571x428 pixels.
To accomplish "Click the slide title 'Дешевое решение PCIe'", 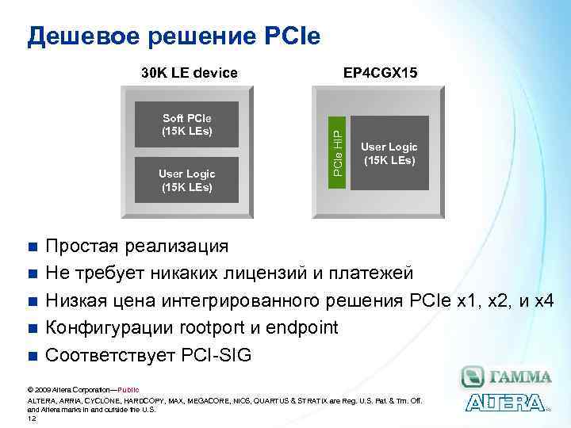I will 174,36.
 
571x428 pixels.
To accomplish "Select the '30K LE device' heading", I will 189,73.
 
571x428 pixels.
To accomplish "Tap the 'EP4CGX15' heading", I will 380,73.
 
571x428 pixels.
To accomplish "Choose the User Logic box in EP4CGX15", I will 389,153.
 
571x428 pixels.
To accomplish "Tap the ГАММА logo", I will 506,376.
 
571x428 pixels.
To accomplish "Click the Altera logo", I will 504,403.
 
